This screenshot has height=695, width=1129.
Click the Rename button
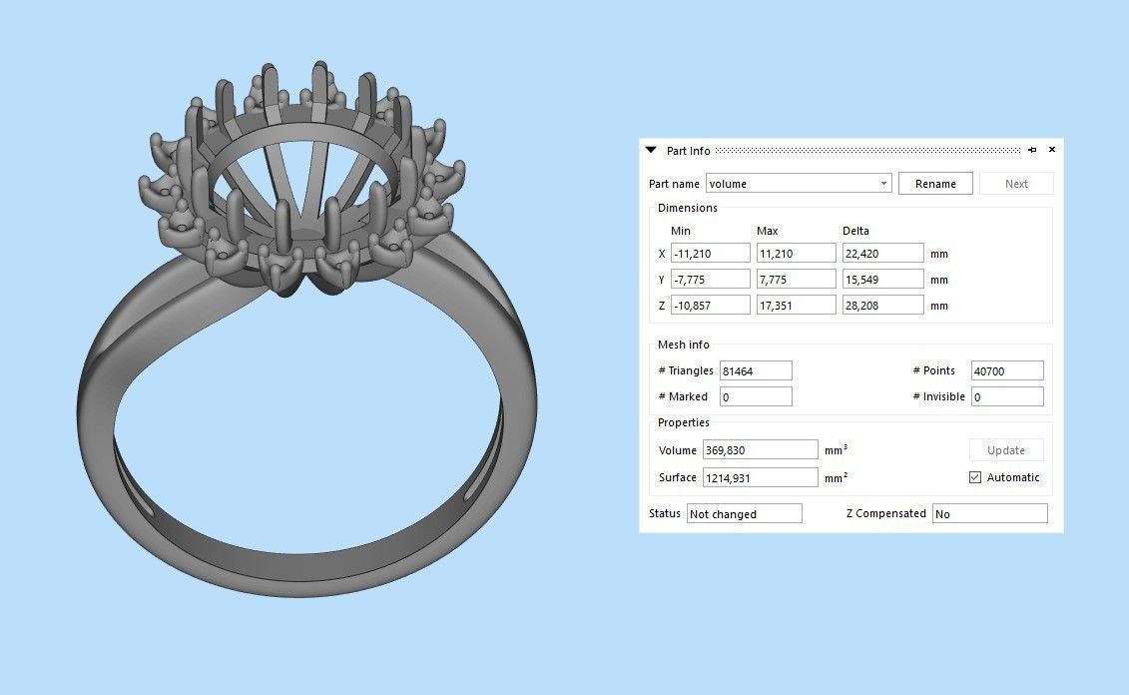tap(935, 184)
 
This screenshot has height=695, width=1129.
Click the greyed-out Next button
tap(1016, 184)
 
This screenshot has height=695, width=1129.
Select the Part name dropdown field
tap(798, 184)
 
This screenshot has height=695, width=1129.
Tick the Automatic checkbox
tap(975, 477)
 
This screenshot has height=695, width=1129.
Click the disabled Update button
tap(1005, 450)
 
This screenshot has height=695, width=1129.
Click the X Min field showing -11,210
tap(710, 254)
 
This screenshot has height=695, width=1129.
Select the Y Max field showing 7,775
tap(796, 280)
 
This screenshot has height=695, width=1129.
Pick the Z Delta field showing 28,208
tap(882, 306)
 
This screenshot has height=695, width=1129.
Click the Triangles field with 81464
tap(756, 370)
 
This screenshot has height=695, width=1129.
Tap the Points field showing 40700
tap(1007, 370)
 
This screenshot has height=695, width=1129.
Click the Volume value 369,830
tap(760, 450)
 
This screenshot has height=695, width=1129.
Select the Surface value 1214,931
tap(760, 478)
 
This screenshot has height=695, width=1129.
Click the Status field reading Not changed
tap(744, 514)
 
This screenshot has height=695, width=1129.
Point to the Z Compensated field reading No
tap(989, 514)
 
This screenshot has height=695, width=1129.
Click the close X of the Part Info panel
tap(1052, 150)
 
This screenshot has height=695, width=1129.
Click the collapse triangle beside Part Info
tap(651, 150)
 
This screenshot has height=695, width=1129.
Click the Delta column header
tap(855, 231)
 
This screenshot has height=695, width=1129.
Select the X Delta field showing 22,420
tap(882, 254)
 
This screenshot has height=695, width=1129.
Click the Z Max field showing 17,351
tap(796, 306)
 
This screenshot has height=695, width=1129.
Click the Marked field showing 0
tap(756, 397)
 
